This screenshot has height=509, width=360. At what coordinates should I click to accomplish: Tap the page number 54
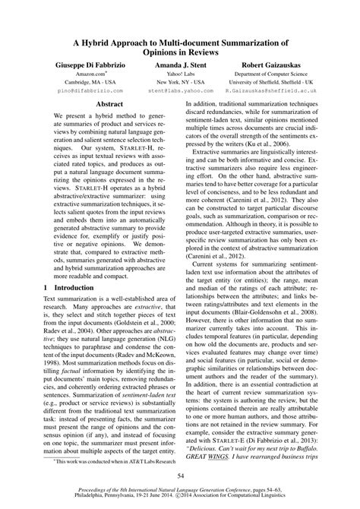coord(180,474)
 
